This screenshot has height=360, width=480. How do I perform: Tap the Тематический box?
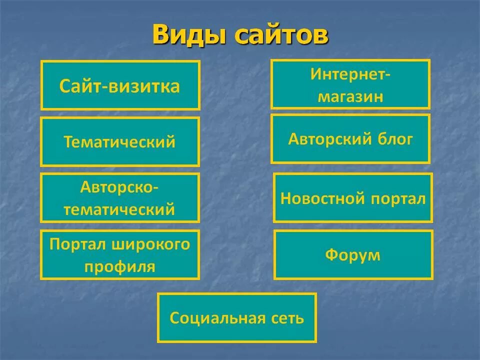pyautogui.click(x=120, y=141)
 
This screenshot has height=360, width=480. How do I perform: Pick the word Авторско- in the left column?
pyautogui.click(x=120, y=188)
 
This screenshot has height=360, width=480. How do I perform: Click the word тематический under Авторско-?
pyautogui.click(x=120, y=209)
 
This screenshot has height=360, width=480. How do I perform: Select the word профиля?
pyautogui.click(x=120, y=266)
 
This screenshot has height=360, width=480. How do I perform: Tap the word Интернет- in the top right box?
pyautogui.click(x=350, y=74)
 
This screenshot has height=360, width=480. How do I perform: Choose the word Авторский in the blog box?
pyautogui.click(x=326, y=138)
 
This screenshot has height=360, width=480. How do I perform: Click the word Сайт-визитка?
pyautogui.click(x=120, y=86)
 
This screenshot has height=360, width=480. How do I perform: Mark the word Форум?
pyautogui.click(x=353, y=255)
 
